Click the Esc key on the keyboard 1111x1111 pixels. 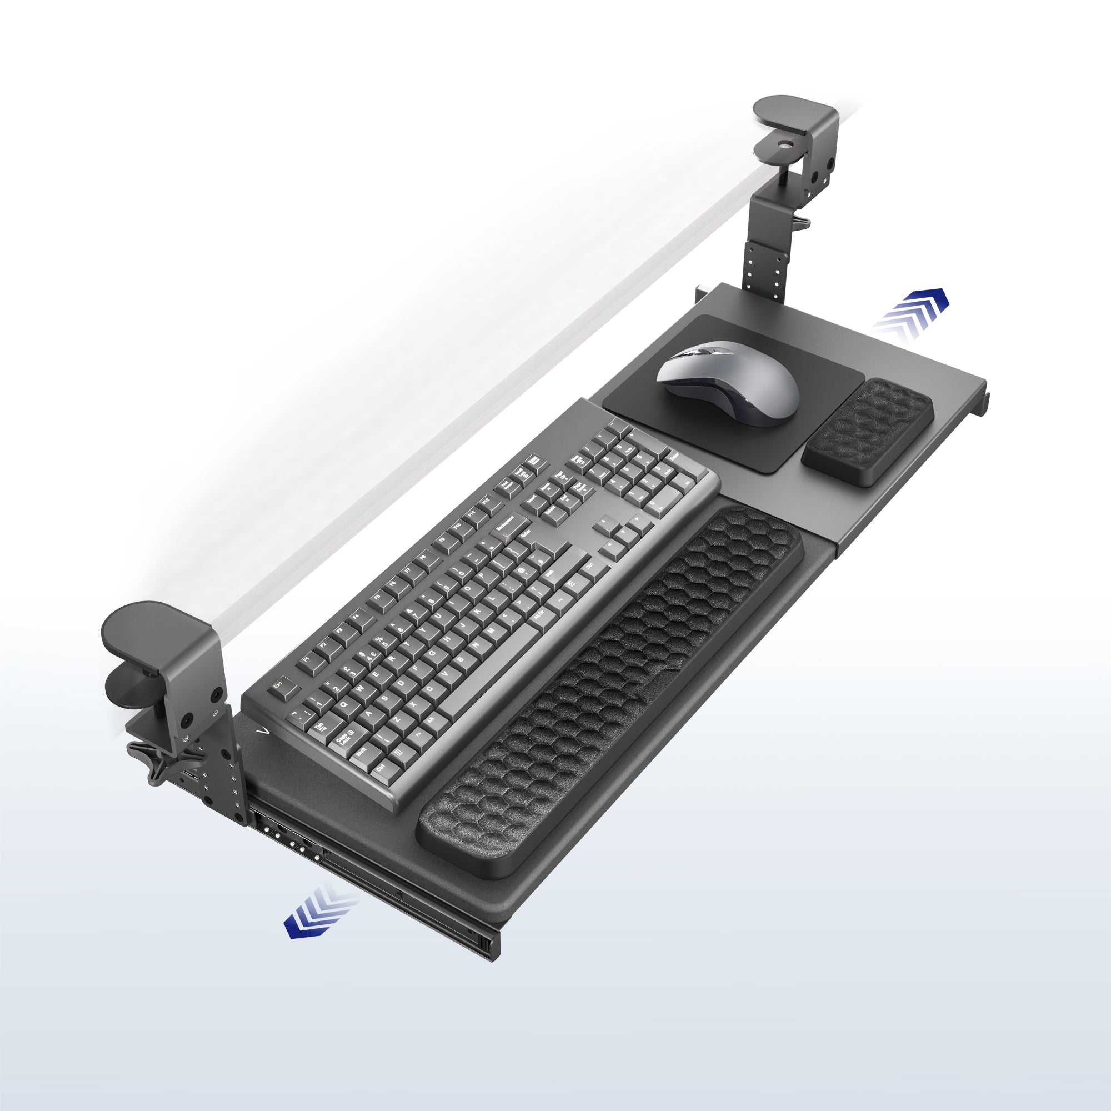click(278, 685)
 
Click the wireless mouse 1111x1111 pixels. click(729, 381)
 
